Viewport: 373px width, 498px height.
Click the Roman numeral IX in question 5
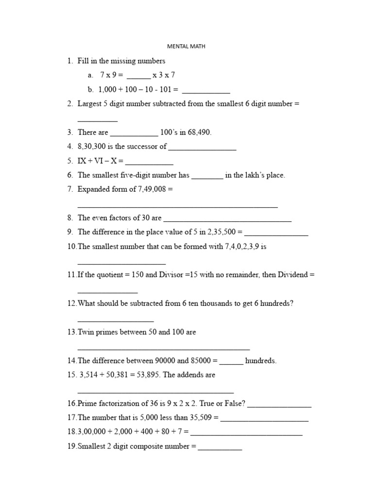(82, 160)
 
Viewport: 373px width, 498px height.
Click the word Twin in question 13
(85, 332)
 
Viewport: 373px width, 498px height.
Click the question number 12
(72, 303)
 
